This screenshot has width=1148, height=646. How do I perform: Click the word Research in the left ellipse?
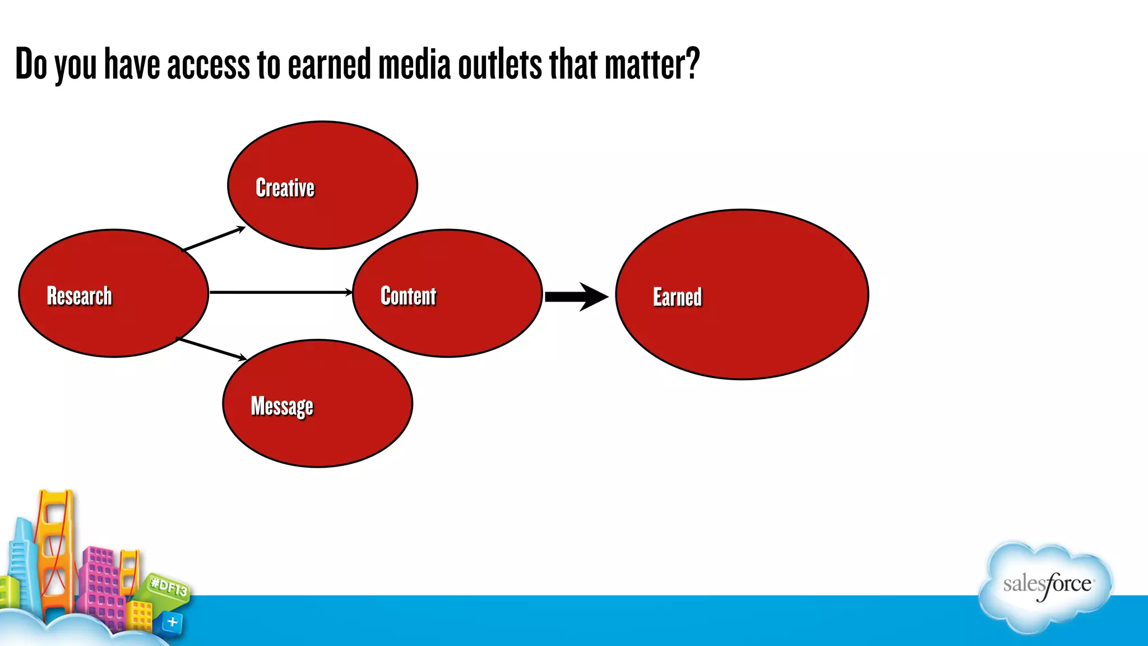(x=79, y=296)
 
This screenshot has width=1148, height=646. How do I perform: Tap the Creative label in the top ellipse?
(x=285, y=188)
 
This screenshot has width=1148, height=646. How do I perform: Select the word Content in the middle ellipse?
(x=408, y=296)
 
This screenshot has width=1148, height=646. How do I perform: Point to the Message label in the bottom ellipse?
(x=282, y=406)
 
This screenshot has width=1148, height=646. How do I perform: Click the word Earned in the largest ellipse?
(x=677, y=297)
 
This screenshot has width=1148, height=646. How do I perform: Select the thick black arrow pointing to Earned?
(x=576, y=297)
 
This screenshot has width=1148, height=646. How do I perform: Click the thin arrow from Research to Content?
(x=280, y=292)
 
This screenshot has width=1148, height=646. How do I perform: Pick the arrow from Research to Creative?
(x=214, y=239)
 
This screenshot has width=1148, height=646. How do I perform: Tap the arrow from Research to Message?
(x=212, y=349)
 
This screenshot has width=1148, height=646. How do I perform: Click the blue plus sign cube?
(x=173, y=622)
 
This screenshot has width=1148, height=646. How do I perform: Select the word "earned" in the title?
(x=329, y=64)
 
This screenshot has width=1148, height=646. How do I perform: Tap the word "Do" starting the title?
(x=31, y=64)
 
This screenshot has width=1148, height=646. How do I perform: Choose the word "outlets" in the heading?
(x=499, y=64)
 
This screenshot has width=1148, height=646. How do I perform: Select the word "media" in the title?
(x=414, y=64)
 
